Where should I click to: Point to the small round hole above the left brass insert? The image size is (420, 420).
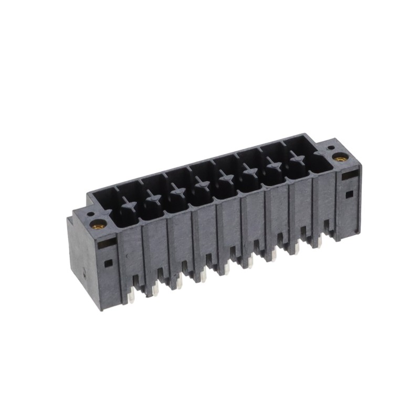pos(90,215)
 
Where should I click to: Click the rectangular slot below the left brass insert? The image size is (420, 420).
pos(107,242)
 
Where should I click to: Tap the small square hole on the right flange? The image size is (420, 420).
pos(349,194)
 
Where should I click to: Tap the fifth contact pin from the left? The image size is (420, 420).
pos(224,177)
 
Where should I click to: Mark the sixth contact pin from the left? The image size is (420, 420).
pos(248,170)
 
